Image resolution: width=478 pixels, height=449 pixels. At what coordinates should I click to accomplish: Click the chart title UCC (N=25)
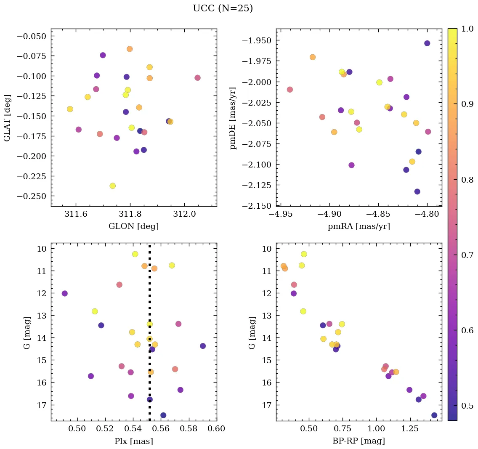223,8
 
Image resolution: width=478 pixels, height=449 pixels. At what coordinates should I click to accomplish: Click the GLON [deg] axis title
134,226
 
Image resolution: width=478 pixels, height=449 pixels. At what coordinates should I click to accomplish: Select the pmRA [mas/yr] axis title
359,226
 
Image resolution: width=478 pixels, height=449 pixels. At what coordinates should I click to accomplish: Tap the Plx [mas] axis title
134,441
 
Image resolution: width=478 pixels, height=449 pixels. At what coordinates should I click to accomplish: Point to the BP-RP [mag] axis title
359,441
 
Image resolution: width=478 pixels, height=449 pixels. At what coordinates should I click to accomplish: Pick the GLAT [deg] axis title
7,118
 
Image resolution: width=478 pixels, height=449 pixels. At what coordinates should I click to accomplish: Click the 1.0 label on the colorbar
467,29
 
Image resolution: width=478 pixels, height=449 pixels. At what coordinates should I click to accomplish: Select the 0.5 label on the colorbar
467,406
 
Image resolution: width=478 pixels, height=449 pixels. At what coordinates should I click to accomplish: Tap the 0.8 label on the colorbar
467,180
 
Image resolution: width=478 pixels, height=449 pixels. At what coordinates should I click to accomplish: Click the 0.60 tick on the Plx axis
217,429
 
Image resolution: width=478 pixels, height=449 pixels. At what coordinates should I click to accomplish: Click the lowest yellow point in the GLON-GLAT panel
112,186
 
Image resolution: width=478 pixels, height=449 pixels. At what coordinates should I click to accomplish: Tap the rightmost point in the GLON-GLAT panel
197,78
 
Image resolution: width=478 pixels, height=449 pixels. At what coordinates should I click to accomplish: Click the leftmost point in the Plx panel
64,293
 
